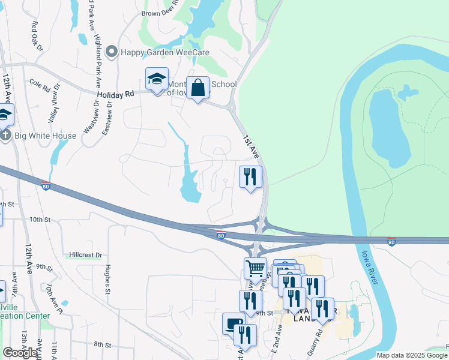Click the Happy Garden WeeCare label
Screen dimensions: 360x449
pos(165,52)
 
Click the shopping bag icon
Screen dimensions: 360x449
pos(197,89)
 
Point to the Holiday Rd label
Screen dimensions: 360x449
pos(114,94)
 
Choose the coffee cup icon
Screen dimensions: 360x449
pos(234,323)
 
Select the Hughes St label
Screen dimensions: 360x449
pos(109,279)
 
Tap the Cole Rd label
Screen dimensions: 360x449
pos(39,87)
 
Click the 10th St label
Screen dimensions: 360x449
pos(40,220)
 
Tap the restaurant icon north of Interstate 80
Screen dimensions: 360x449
pos(250,176)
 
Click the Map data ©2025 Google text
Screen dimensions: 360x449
pos(411,355)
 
